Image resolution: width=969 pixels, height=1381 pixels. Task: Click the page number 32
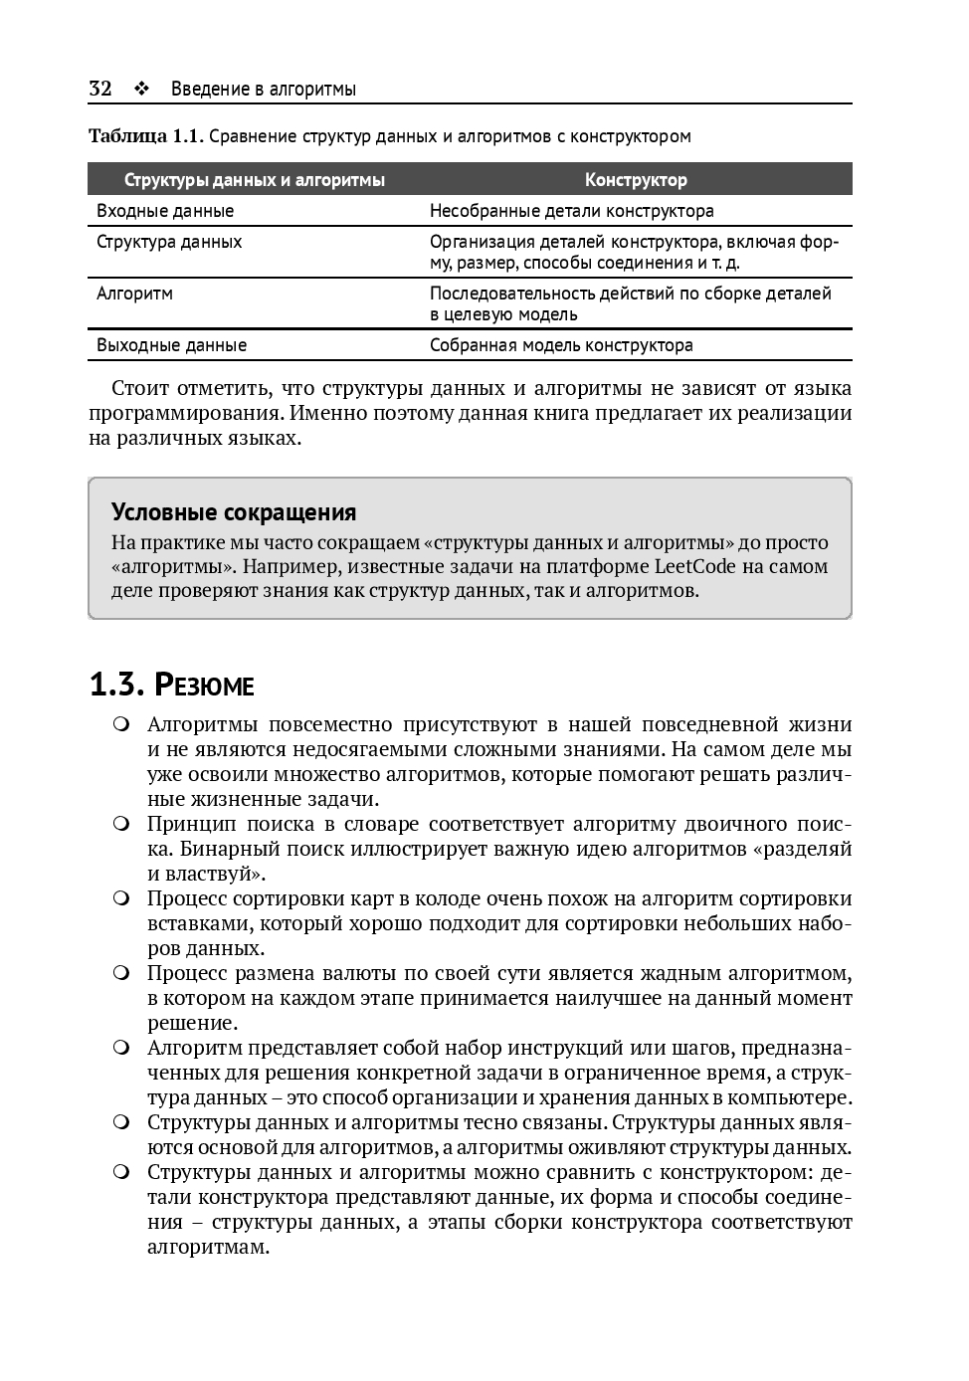99,89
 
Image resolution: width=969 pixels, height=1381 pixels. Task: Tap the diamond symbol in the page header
141,89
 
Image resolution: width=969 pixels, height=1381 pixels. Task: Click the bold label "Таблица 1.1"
145,136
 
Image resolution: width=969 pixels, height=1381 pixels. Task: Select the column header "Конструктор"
636,180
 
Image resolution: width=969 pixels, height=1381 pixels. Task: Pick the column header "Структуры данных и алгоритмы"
254,180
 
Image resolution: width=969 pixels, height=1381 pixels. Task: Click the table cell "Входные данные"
165,211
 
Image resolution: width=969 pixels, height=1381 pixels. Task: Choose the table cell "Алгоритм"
134,294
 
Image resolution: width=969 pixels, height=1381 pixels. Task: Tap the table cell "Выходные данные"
171,345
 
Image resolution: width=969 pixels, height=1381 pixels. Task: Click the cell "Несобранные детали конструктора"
571,211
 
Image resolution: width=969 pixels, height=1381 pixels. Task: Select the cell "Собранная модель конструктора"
561,345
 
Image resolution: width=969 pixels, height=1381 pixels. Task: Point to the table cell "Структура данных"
169,242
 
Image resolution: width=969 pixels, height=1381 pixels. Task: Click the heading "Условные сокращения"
234,512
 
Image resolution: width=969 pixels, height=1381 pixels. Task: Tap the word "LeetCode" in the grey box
694,567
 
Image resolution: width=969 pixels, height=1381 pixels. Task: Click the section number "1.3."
117,686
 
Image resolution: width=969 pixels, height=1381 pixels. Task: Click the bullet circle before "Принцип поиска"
121,824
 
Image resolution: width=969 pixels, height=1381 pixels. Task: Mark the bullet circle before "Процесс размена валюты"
121,973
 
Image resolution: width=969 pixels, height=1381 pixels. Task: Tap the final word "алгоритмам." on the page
209,1247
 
